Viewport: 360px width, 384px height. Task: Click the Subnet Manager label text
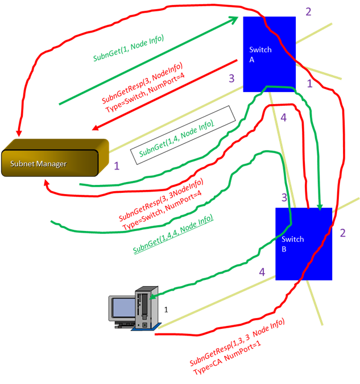(38, 164)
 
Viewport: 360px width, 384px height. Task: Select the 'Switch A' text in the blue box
(260, 55)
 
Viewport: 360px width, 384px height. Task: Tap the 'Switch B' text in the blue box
(292, 244)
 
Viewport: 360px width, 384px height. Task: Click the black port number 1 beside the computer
(166, 310)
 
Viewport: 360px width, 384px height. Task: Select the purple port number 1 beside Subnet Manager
(117, 166)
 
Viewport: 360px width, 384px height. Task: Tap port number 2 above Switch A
(308, 12)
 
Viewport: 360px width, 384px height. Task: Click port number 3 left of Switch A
(231, 79)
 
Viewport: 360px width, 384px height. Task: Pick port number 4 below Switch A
(283, 118)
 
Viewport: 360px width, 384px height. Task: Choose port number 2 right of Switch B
(342, 233)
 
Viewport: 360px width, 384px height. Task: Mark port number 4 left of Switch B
(262, 272)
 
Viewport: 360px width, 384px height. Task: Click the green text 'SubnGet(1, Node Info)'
(129, 48)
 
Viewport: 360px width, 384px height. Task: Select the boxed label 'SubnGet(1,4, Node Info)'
(176, 139)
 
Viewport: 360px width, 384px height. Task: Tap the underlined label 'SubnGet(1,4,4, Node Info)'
(173, 234)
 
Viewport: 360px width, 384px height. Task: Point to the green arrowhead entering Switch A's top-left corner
(234, 19)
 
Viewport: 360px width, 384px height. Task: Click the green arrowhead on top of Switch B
(320, 207)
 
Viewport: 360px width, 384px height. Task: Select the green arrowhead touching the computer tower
(152, 296)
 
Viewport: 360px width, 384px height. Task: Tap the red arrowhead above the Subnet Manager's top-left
(19, 133)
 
